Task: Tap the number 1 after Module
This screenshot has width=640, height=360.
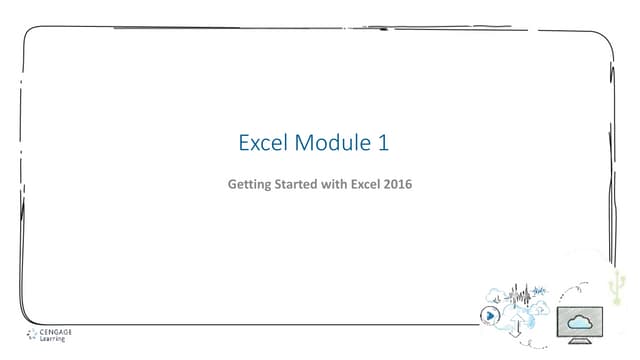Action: click(382, 144)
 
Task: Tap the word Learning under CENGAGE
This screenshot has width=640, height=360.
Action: click(49, 339)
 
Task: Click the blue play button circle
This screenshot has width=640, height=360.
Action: click(489, 314)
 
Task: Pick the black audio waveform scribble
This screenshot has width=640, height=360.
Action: click(519, 296)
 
